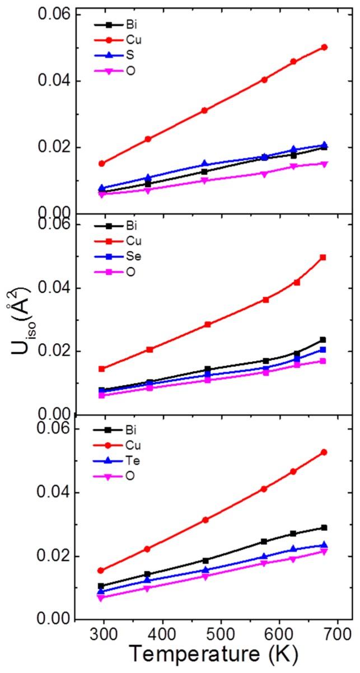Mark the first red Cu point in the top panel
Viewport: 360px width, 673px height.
click(x=102, y=163)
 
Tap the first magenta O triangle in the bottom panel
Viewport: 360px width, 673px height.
click(x=101, y=598)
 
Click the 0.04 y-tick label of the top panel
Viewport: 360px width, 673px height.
click(x=53, y=81)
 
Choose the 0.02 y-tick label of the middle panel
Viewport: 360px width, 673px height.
click(x=53, y=352)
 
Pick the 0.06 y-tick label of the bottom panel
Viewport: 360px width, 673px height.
click(x=53, y=429)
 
